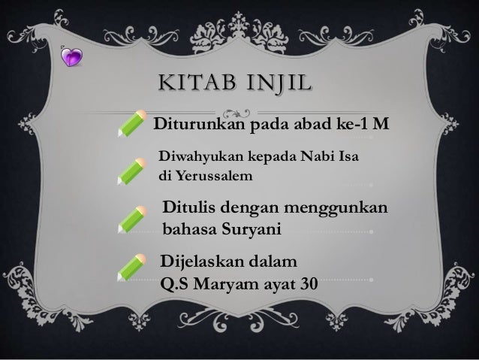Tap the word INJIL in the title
click(x=268, y=80)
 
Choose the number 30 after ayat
click(x=306, y=286)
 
